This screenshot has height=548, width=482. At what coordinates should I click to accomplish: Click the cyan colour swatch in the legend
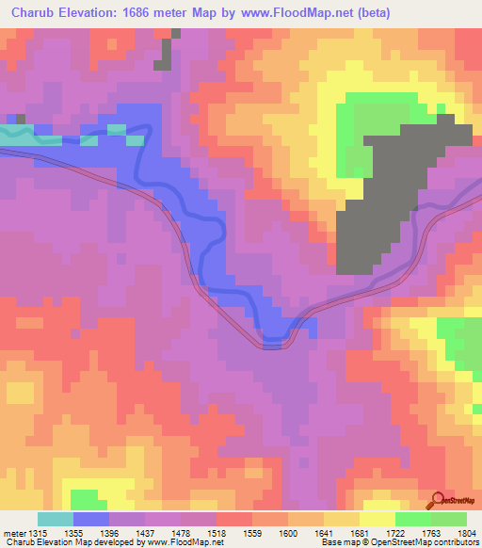pos(56,519)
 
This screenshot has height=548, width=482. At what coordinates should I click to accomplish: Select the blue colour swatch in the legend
pos(91,519)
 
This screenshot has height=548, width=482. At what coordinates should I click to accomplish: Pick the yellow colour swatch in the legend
pos(378,519)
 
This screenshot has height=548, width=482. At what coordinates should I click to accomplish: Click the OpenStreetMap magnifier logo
pos(438,500)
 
